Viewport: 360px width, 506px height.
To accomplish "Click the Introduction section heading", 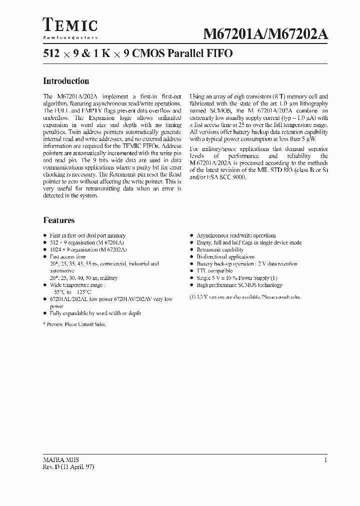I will (x=66, y=81).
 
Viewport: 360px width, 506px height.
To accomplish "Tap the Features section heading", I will (x=58, y=220).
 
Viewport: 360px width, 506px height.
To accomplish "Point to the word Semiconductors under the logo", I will (x=70, y=37).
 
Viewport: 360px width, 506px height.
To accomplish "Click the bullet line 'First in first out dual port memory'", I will (x=87, y=235).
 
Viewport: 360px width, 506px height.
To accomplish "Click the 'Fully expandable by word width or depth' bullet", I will (x=95, y=313).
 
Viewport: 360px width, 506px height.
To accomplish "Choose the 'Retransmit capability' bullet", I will (x=220, y=249).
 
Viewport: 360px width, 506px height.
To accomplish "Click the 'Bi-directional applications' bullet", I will (x=225, y=256).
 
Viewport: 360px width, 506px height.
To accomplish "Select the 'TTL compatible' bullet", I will (x=214, y=270).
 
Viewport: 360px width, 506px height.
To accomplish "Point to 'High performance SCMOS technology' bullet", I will (x=239, y=285).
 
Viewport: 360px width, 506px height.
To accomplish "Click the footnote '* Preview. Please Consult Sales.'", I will (x=74, y=324).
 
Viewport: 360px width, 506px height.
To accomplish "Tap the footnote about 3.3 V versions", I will (x=245, y=296).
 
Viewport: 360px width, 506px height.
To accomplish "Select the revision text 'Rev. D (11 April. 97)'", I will (x=68, y=466).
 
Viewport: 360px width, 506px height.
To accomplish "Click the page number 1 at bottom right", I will (x=325, y=460).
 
